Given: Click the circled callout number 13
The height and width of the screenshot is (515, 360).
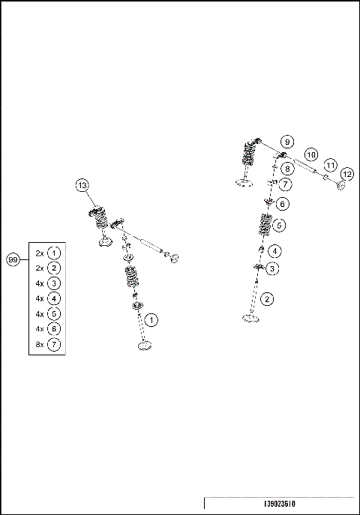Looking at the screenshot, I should pyautogui.click(x=82, y=185).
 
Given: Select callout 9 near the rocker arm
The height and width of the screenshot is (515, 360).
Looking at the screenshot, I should pyautogui.click(x=286, y=142).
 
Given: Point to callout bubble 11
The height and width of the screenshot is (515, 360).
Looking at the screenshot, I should pyautogui.click(x=329, y=165).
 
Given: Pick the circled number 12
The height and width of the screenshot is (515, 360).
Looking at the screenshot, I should pyautogui.click(x=346, y=174).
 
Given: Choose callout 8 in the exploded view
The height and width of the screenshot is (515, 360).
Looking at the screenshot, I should pyautogui.click(x=286, y=169).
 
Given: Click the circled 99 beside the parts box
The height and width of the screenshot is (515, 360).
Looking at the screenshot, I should pyautogui.click(x=12, y=259).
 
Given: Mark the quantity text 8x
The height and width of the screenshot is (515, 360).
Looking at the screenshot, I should pyautogui.click(x=40, y=344).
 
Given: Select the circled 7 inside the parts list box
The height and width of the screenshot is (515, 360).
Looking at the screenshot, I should pyautogui.click(x=53, y=344).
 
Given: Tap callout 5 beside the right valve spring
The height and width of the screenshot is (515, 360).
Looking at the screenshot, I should pyautogui.click(x=280, y=224).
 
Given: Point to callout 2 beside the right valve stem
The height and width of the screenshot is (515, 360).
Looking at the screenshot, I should pyautogui.click(x=268, y=298).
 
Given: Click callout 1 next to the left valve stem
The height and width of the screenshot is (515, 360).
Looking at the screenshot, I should pyautogui.click(x=151, y=320).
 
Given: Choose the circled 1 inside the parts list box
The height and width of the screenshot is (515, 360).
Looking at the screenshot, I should pyautogui.click(x=53, y=253).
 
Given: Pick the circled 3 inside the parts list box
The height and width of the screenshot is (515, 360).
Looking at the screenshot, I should pyautogui.click(x=53, y=283).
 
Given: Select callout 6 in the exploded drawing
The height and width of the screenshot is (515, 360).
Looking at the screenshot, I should pyautogui.click(x=282, y=203).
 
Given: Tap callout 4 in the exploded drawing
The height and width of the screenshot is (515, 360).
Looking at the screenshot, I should pyautogui.click(x=276, y=250).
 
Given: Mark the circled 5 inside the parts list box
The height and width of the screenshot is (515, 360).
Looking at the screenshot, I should pyautogui.click(x=53, y=313).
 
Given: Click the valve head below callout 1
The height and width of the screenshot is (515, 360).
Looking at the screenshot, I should pyautogui.click(x=144, y=344).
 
